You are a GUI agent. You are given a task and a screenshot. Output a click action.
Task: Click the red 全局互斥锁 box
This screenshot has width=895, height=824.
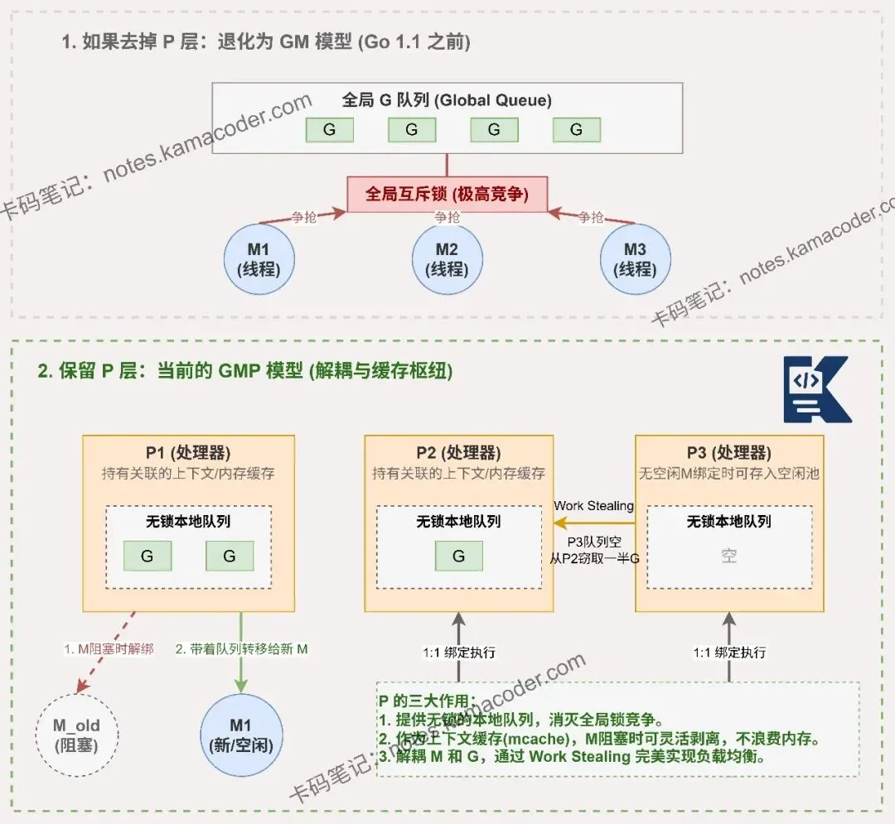point(447,194)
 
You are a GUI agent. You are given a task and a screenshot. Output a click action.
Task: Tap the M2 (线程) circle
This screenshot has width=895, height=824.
point(447,258)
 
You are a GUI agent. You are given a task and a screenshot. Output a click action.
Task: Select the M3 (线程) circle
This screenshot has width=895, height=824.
point(636,258)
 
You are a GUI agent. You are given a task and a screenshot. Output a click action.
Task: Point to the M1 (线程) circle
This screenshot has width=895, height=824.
point(259,258)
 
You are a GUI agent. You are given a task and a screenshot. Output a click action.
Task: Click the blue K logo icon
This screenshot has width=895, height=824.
point(816,389)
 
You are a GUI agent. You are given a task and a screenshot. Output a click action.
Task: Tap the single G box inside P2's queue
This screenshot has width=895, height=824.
point(458,557)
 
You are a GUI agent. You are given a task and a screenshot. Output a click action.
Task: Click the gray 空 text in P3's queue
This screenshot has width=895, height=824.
point(728,557)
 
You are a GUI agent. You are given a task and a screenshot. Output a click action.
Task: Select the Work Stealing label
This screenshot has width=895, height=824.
point(593,505)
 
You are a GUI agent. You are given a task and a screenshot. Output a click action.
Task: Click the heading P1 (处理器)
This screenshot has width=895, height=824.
point(188,453)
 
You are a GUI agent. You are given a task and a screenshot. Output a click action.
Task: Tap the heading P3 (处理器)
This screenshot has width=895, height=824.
point(729,453)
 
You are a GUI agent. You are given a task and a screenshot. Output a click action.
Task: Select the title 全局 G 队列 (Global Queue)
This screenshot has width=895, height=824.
point(447,100)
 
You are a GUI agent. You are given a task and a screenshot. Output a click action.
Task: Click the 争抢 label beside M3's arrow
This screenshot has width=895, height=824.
point(591,217)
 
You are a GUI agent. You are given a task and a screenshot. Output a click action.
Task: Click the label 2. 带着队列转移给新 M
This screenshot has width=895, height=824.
point(241,649)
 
